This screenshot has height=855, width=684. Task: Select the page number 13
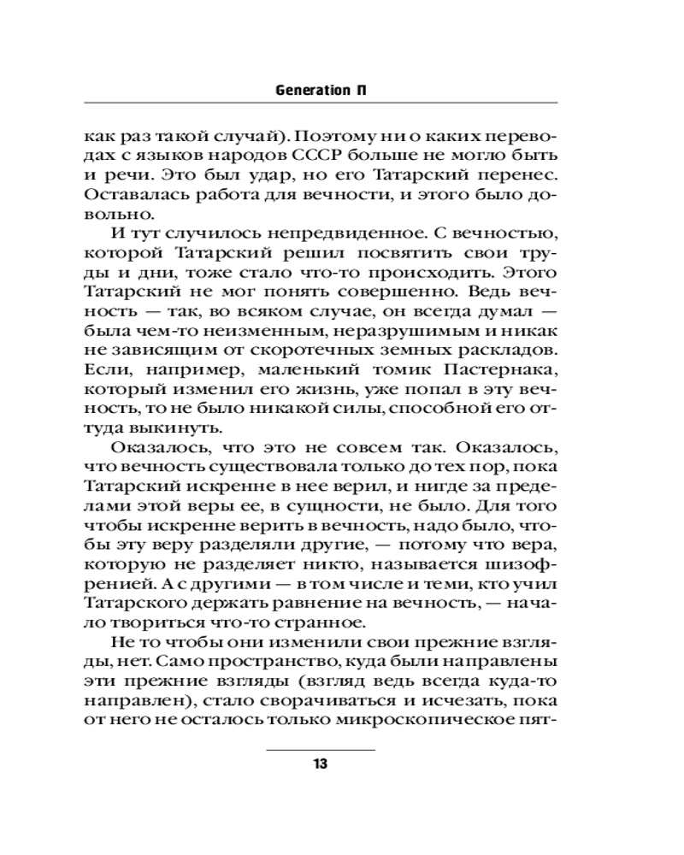pos(321,764)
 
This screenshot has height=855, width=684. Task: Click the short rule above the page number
pos(321,749)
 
